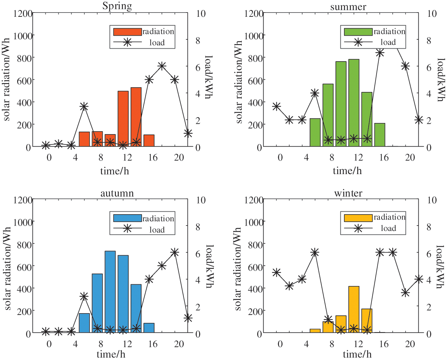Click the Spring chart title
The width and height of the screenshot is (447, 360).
click(x=117, y=6)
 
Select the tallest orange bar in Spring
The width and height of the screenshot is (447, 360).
click(x=136, y=117)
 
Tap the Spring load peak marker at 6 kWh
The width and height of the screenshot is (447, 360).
click(x=162, y=66)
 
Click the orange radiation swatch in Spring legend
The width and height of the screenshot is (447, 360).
click(x=127, y=32)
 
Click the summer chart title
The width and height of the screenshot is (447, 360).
click(x=348, y=7)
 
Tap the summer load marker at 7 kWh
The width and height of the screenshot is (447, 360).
click(x=380, y=53)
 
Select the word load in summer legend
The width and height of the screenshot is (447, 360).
click(x=388, y=43)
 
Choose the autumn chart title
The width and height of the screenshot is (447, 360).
click(x=117, y=193)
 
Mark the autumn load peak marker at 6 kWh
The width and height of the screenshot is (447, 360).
click(x=175, y=252)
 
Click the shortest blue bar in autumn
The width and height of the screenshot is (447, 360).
click(x=149, y=328)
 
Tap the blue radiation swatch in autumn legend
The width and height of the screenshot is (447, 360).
click(x=127, y=218)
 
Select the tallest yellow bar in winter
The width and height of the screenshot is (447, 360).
click(x=354, y=310)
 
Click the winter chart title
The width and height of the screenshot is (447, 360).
click(x=348, y=193)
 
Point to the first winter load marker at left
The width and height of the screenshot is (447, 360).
click(x=276, y=273)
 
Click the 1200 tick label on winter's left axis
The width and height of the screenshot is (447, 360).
click(x=254, y=200)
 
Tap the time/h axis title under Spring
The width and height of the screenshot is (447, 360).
click(x=114, y=171)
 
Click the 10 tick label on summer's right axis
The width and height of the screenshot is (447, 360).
click(x=432, y=14)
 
